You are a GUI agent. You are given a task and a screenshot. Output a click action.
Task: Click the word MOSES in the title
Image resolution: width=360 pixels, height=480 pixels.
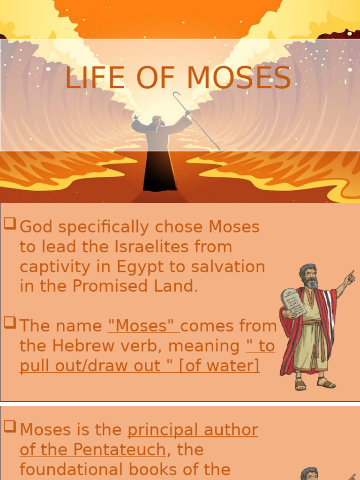[239, 78]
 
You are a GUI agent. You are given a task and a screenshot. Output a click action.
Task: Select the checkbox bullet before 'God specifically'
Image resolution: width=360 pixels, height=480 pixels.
[9, 224]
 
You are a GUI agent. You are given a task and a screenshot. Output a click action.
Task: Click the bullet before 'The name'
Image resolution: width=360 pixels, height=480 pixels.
[9, 322]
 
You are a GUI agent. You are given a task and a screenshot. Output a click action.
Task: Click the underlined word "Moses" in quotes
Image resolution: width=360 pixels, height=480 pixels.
[143, 326]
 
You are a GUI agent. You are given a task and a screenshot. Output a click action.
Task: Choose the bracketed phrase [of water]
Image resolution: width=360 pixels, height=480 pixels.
[219, 366]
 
